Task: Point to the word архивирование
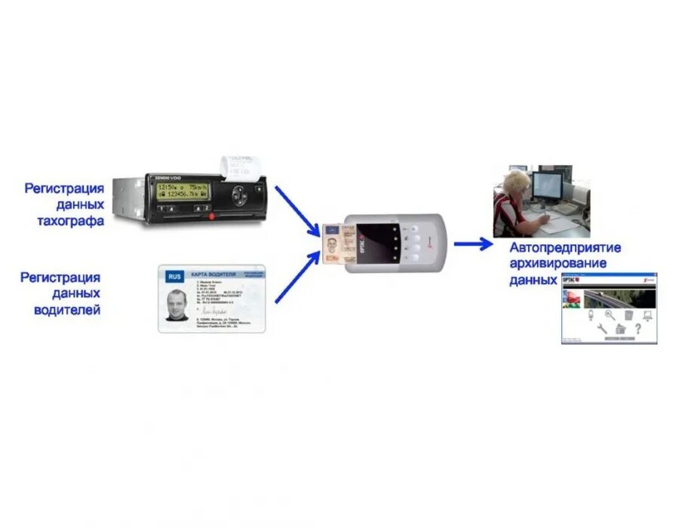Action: (559, 263)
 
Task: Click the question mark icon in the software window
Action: (638, 329)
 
